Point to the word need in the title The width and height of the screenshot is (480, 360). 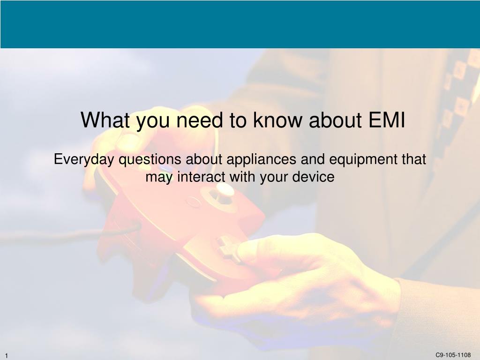[x=203, y=120]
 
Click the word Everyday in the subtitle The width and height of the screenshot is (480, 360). [x=84, y=160]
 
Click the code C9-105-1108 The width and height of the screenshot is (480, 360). [x=453, y=355]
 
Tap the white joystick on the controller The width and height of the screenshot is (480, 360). [x=225, y=190]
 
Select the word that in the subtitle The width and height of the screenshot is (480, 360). [x=414, y=160]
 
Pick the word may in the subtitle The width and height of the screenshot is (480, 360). [x=156, y=177]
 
